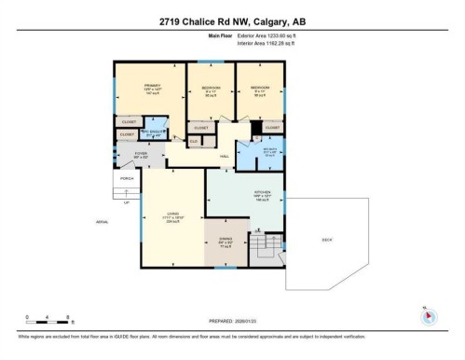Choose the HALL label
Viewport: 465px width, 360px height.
coord(225,157)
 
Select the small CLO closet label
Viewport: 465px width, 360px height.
coord(194,141)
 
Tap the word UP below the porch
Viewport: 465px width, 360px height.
coord(126,201)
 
